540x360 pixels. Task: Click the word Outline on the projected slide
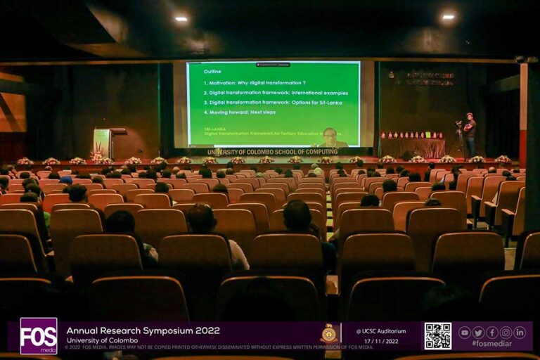[212, 72]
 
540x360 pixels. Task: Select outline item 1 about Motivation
[255, 82]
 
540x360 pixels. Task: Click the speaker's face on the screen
[329, 134]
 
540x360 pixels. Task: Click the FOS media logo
[39, 335]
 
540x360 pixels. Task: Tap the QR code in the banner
[437, 335]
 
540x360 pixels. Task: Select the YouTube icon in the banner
[464, 333]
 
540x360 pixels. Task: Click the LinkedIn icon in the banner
[520, 333]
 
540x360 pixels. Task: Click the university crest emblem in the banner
[328, 334]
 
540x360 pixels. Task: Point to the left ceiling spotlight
[181, 19]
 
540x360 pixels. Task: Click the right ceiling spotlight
[448, 16]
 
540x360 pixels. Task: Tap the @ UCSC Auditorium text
[380, 330]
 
